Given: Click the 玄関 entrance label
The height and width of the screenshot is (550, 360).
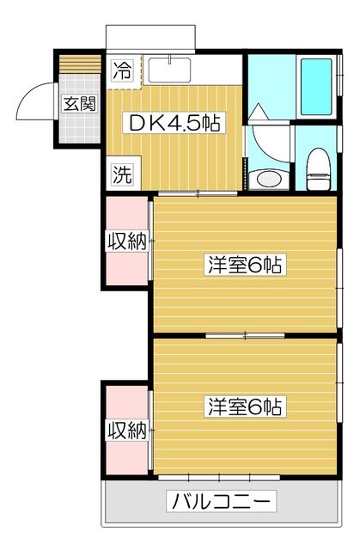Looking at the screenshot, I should coord(76,107).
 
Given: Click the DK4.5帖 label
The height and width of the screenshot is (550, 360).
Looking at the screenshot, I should coord(175,123).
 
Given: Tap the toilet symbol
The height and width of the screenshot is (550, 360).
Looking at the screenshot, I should coord(317,166).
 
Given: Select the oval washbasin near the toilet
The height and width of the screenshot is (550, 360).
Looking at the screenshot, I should coord(269,179).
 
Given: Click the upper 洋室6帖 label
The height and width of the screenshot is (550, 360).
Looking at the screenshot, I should coord(245,265).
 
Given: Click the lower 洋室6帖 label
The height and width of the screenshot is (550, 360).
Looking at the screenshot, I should coord(245,405).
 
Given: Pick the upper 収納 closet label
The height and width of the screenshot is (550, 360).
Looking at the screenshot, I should coord(125,241).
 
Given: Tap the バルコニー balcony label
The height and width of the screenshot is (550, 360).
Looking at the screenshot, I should coord(223,500).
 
